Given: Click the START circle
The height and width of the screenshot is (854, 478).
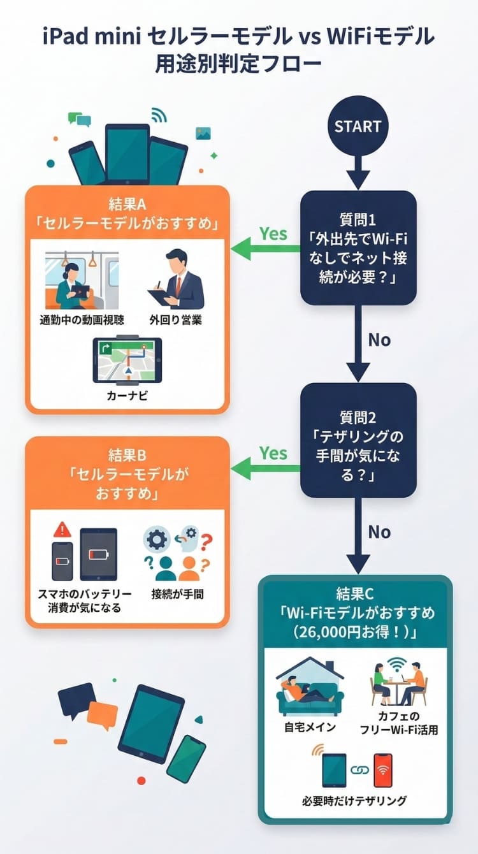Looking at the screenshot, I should click(x=358, y=126).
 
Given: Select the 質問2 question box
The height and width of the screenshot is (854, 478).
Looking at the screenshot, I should click(x=358, y=440).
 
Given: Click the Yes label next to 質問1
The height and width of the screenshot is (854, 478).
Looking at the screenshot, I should click(x=273, y=234).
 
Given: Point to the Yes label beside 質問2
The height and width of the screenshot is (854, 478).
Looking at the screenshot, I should click(x=273, y=453).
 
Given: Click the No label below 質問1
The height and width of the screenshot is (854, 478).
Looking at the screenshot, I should click(x=379, y=340).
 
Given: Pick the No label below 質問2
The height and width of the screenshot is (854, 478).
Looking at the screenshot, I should click(x=379, y=532).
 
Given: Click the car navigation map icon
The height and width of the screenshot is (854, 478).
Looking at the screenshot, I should click(x=127, y=359).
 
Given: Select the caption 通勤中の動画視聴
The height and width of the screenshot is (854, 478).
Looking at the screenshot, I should click(x=81, y=320).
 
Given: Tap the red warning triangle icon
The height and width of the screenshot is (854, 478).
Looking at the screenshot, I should click(x=62, y=529).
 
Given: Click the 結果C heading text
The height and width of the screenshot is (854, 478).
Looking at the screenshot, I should click(x=358, y=594).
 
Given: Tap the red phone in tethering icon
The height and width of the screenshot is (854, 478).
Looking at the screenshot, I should click(x=382, y=769).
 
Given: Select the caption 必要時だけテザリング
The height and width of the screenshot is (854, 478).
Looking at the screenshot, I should click(x=354, y=800).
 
